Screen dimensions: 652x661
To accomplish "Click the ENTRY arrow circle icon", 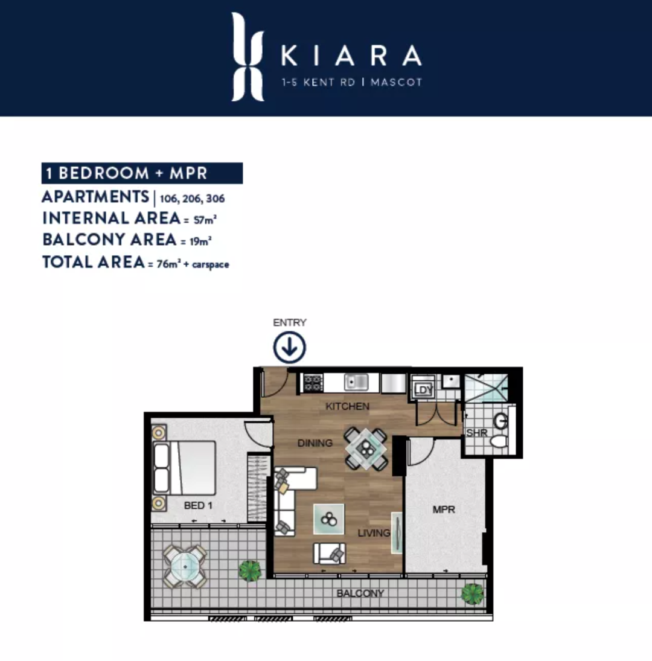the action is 290,347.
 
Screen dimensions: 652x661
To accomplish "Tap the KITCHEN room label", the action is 347,406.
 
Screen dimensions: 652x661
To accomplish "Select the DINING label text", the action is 315,443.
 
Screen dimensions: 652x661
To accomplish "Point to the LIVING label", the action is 374,533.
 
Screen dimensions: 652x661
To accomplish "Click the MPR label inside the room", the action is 444,509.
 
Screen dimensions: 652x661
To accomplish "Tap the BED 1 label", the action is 198,505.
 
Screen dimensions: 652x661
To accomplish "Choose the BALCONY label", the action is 360,593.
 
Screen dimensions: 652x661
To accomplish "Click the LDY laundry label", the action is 423,390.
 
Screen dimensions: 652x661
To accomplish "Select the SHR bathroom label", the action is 477,433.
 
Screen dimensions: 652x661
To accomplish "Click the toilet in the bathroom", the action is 499,441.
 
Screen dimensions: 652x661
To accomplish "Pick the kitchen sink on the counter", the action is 356,383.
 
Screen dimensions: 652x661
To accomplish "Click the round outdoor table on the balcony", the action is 185,567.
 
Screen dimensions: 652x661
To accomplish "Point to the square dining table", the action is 366,449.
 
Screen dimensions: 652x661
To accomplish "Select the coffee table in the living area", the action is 329,519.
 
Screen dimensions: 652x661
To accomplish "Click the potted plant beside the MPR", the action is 473,594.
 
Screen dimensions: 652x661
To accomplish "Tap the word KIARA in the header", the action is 351,56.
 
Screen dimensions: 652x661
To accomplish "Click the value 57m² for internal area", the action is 205,220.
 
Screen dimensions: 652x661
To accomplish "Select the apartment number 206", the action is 192,199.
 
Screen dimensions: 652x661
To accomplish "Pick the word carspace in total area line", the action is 211,265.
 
